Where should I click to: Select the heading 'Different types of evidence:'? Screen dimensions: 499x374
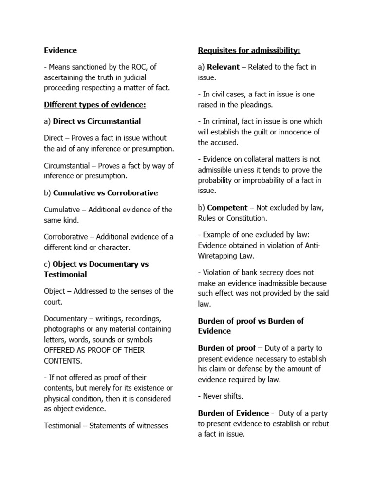click(95, 105)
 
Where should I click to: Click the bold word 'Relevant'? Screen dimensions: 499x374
click(223, 67)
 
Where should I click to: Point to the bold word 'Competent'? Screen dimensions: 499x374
click(227, 208)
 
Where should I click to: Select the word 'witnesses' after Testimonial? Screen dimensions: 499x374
click(151, 426)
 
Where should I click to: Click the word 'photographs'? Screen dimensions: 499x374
click(66, 329)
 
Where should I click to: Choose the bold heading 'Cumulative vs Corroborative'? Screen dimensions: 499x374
click(105, 192)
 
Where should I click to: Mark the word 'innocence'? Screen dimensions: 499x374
click(294, 132)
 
